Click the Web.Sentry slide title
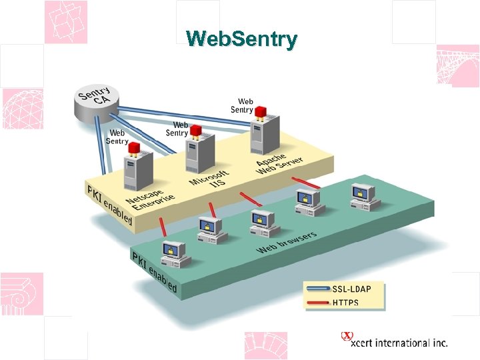coord(241,39)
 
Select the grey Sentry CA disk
coord(95,103)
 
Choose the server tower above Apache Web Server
coord(264,137)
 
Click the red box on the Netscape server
coord(134,147)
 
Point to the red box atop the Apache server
coord(261,111)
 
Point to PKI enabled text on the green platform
coord(154,273)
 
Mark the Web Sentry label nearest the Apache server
coord(241,105)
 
